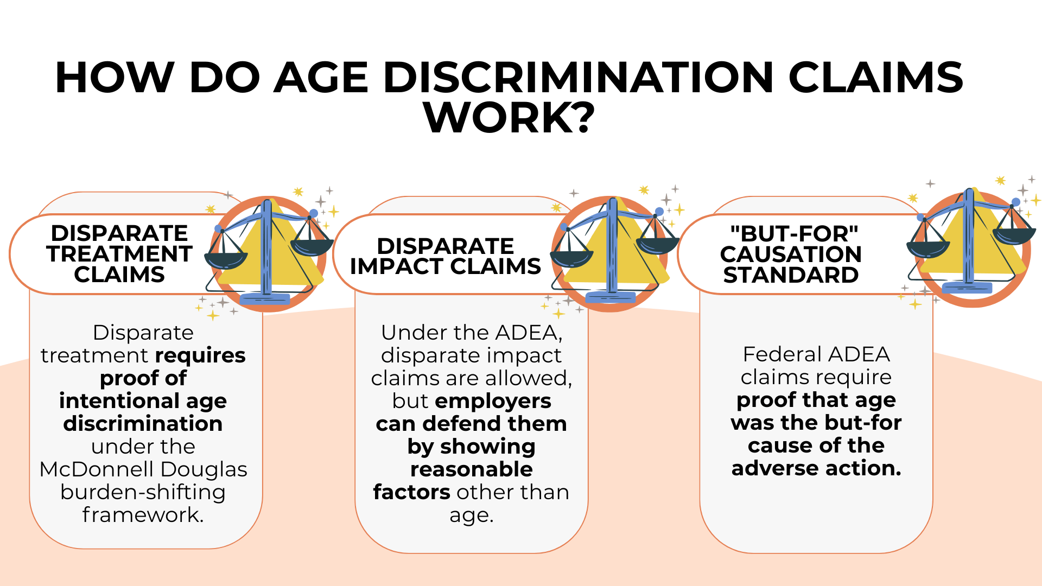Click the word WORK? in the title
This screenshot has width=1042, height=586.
click(509, 118)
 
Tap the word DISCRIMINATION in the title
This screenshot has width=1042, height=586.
click(579, 78)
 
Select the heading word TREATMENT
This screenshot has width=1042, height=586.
click(119, 254)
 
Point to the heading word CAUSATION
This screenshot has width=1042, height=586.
click(791, 254)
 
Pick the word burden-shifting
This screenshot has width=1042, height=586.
click(143, 492)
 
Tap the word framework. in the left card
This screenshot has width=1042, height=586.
click(143, 515)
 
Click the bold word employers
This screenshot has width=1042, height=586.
click(493, 401)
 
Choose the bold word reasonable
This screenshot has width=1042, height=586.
click(471, 469)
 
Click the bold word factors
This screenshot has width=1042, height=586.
click(411, 492)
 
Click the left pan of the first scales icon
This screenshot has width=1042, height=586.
click(226, 259)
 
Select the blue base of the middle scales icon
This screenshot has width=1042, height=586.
click(611, 297)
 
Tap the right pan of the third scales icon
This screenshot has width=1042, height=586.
click(1014, 235)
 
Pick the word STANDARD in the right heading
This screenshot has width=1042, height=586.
click(791, 275)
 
